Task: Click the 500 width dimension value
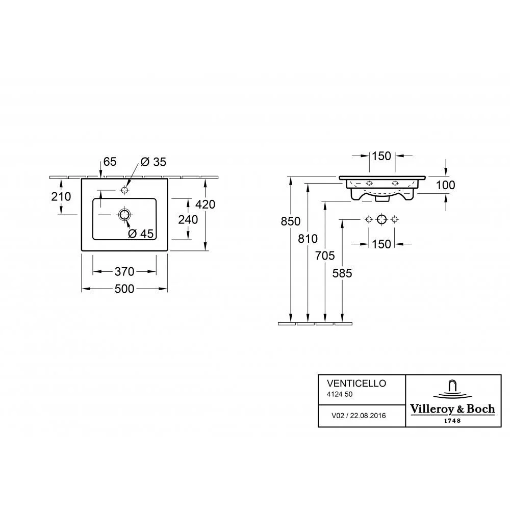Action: pyautogui.click(x=124, y=289)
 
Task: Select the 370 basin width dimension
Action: pyautogui.click(x=124, y=271)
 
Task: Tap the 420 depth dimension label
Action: pyautogui.click(x=205, y=205)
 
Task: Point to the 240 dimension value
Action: pyautogui.click(x=188, y=219)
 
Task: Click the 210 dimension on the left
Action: pyautogui.click(x=61, y=196)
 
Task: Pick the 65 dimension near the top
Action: pyautogui.click(x=110, y=161)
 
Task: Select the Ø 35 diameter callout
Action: pyautogui.click(x=153, y=162)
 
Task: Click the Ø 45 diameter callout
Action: pyautogui.click(x=141, y=234)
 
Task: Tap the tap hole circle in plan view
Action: pyautogui.click(x=124, y=190)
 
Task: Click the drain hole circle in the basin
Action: pyautogui.click(x=124, y=215)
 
